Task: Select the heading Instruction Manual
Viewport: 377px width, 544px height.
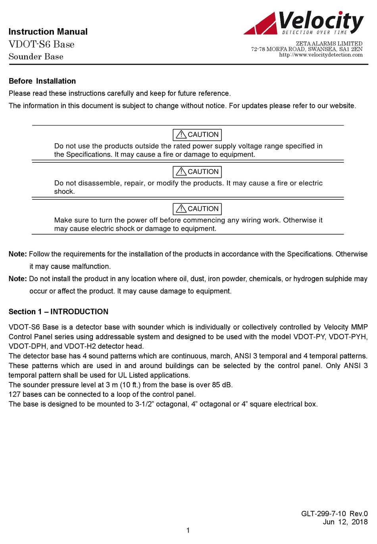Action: coord(48,32)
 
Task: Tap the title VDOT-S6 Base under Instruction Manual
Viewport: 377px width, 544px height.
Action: coord(42,44)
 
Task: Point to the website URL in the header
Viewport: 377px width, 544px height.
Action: coord(321,55)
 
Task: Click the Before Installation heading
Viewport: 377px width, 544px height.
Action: coord(42,81)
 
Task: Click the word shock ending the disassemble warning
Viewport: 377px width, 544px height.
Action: coord(64,191)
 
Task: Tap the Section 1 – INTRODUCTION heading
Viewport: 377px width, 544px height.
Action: coord(58,312)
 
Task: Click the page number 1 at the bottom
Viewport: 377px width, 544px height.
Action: coord(188,530)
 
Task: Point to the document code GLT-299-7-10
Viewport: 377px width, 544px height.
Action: coord(323,514)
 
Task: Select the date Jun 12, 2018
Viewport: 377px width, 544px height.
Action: coord(345,522)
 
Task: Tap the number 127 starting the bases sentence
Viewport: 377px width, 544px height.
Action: coord(15,394)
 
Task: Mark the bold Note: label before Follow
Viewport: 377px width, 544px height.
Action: coord(18,254)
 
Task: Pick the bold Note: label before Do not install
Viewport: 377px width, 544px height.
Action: coord(18,279)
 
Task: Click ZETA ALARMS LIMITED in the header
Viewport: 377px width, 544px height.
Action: coord(329,44)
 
